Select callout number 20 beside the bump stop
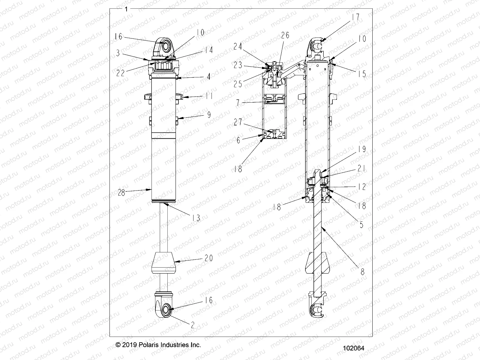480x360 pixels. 209,258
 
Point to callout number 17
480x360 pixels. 355,17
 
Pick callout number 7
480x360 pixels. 238,103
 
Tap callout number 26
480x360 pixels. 285,35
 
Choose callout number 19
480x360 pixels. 362,149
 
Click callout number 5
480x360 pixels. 361,224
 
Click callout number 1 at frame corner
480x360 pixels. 126,9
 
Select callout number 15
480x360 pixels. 362,74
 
